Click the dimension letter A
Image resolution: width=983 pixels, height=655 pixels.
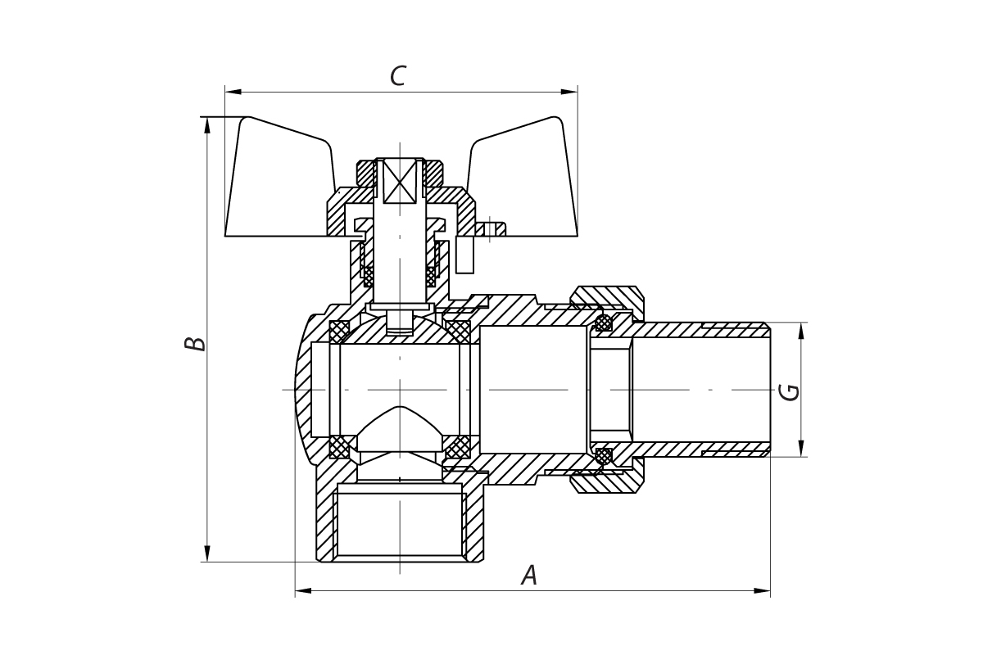(x=529, y=575)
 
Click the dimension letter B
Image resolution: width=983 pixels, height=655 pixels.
(x=195, y=343)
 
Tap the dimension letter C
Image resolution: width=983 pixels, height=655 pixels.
(x=397, y=76)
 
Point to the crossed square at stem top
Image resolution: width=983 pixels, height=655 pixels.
(x=400, y=181)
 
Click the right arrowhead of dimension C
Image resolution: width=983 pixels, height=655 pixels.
(x=569, y=92)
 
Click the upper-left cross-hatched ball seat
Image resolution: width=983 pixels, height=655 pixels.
(x=339, y=332)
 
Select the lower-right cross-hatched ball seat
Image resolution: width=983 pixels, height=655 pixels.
(x=458, y=447)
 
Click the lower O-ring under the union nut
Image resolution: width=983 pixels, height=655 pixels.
(x=604, y=455)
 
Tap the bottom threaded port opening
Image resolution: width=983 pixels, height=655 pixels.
(x=400, y=524)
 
